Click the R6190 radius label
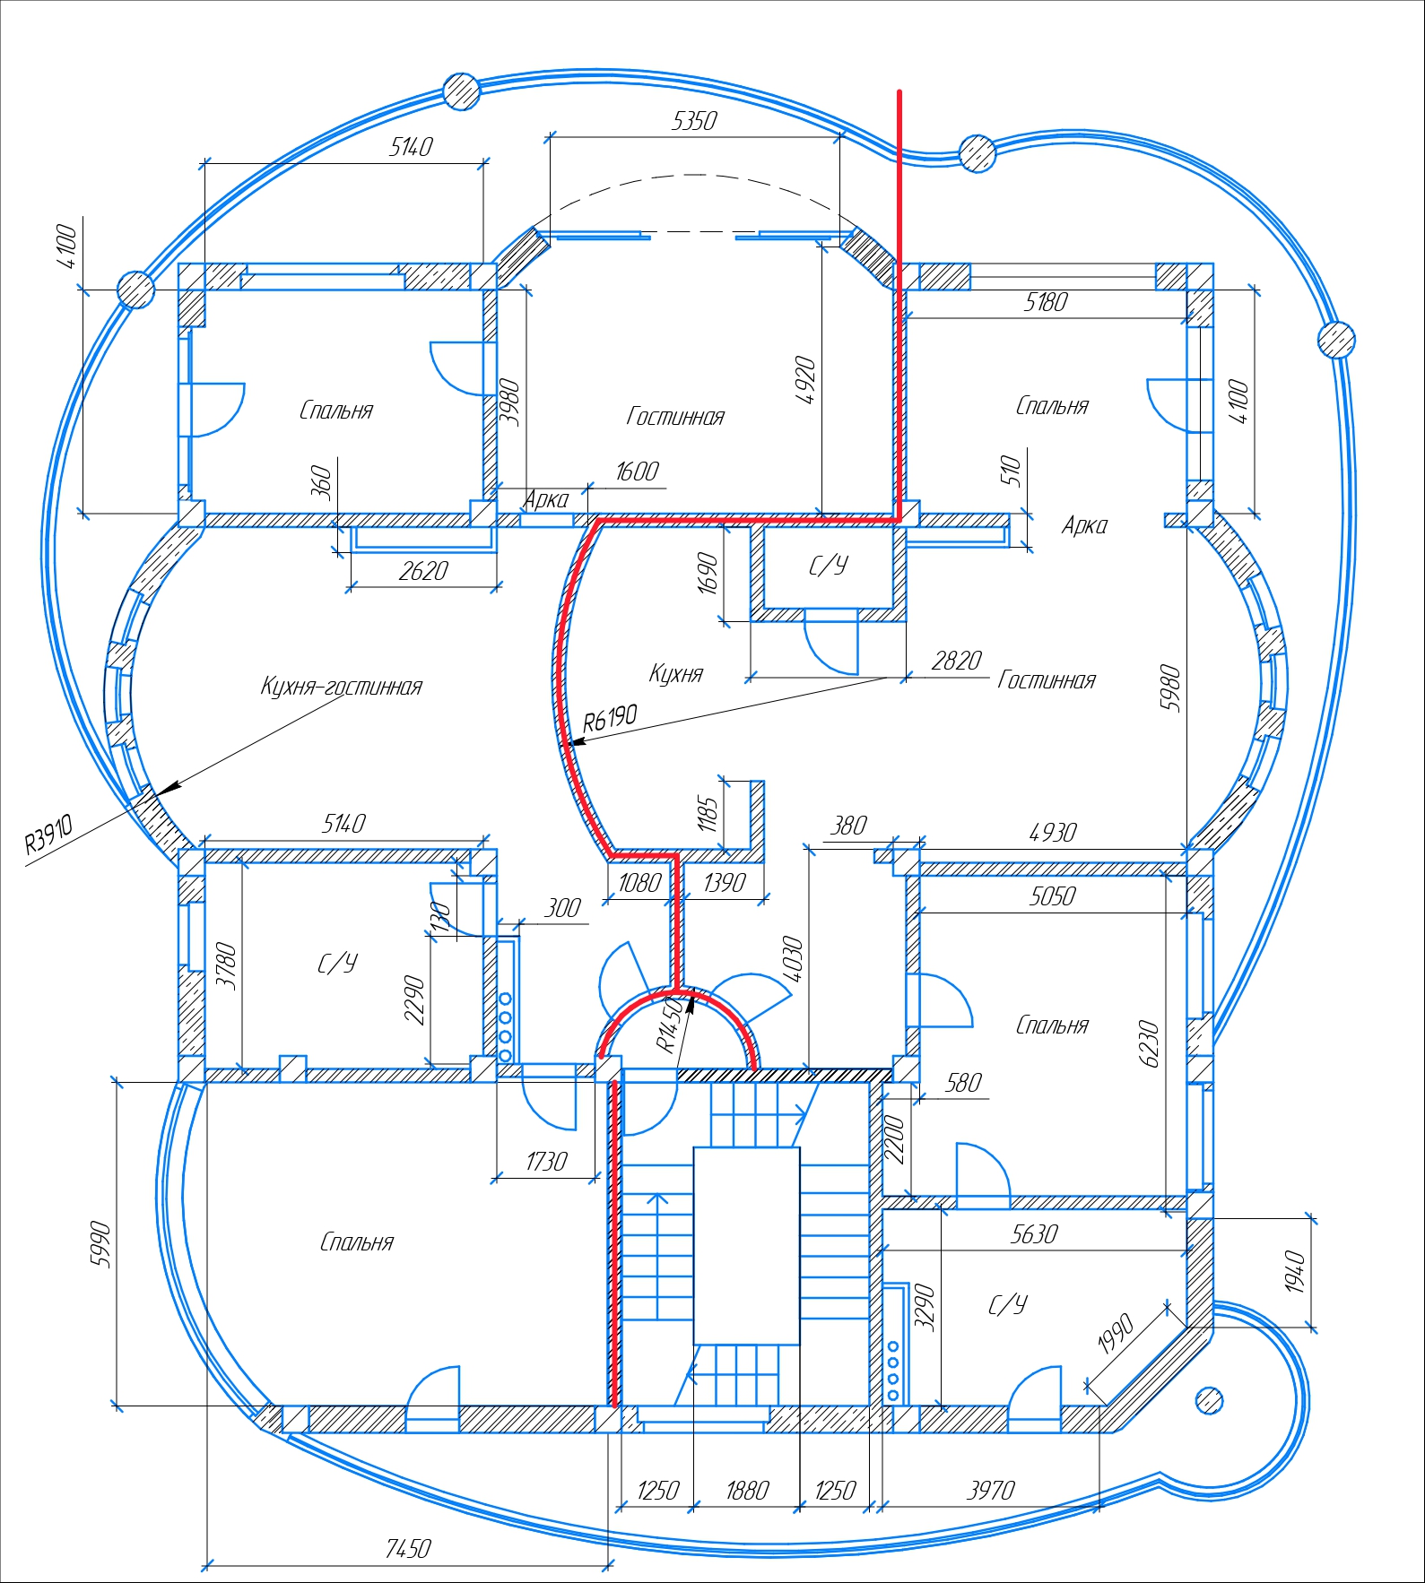tap(610, 717)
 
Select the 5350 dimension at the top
tap(694, 121)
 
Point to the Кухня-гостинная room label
tap(341, 687)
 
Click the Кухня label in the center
tap(676, 674)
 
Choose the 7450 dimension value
tap(408, 1549)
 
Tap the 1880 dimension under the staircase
tap(747, 1491)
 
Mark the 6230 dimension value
tap(1150, 1044)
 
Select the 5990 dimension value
tap(101, 1245)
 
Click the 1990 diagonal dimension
tap(1117, 1333)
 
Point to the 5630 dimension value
tap(1034, 1235)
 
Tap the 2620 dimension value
tap(423, 572)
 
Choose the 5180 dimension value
tap(1046, 303)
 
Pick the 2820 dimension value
tap(957, 662)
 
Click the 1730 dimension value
tap(546, 1163)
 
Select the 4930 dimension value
tap(1053, 834)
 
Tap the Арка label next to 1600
tap(546, 500)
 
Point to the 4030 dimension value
tap(793, 960)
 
